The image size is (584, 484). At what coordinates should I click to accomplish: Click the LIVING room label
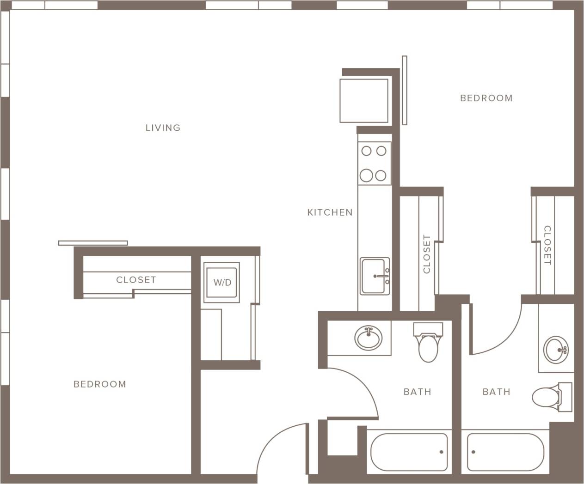coord(163,128)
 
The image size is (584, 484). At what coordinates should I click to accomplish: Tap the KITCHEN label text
coord(330,212)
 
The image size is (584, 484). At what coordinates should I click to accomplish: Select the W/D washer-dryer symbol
coord(222,282)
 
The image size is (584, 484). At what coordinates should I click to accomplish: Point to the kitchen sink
coord(375,276)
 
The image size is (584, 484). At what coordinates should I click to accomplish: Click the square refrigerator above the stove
coord(364,101)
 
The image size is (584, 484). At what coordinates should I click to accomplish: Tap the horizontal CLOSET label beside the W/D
coord(136,280)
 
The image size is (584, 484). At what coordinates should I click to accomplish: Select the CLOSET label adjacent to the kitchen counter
coord(426,254)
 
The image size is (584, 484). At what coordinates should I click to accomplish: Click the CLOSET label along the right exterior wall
coord(547,245)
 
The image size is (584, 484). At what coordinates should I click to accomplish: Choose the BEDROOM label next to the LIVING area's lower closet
coord(100,384)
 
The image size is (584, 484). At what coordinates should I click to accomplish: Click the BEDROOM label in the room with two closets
coord(486,98)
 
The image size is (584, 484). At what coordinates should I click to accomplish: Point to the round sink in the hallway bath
coord(369,338)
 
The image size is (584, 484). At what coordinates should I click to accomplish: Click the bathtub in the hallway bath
coord(409,452)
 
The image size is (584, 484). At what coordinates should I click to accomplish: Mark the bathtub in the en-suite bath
coord(505,452)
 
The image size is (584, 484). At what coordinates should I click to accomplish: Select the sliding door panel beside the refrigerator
coord(405,91)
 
